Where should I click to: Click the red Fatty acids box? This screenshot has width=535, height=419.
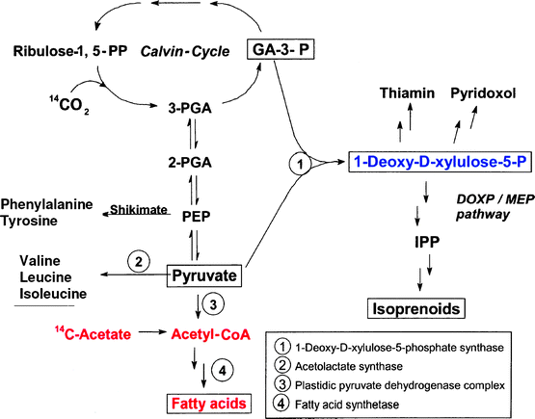205,403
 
